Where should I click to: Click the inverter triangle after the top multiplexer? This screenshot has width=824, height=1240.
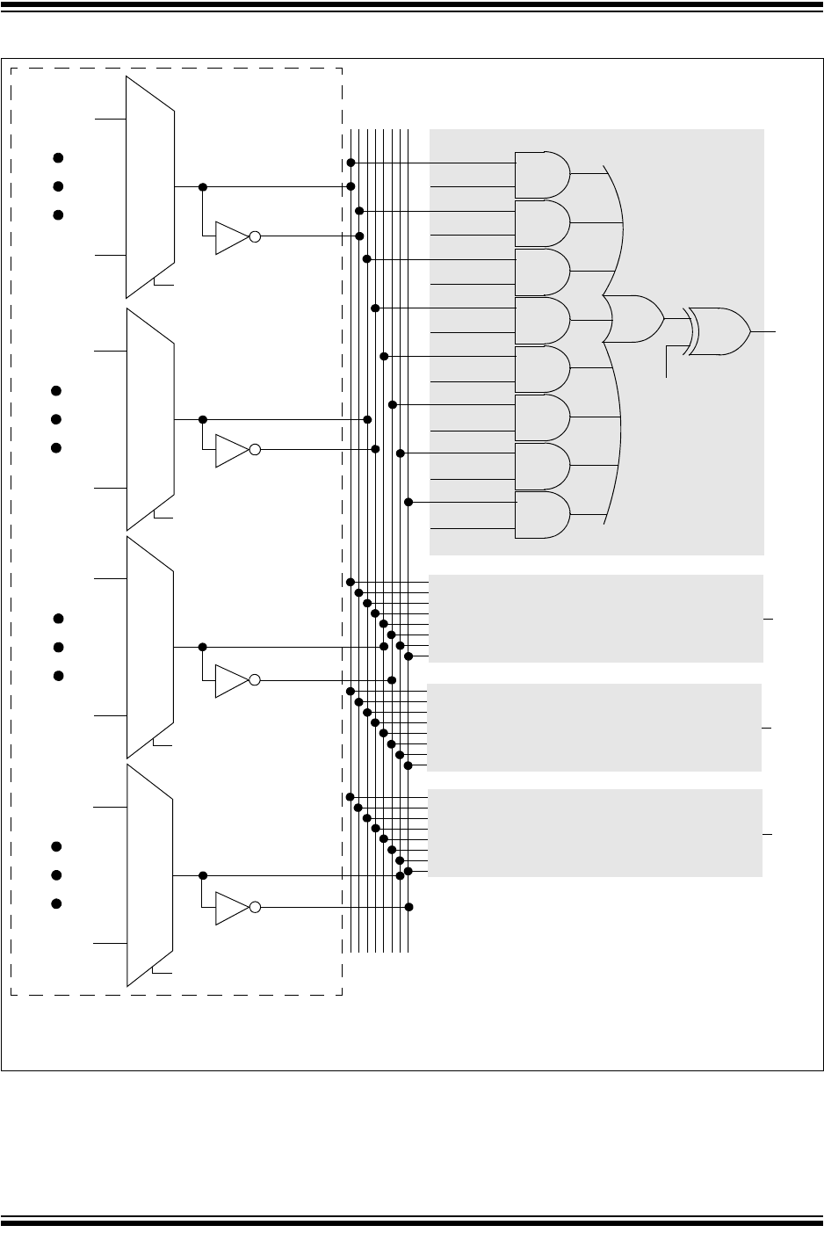[x=232, y=236]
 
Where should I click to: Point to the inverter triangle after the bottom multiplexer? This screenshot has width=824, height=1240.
[x=232, y=907]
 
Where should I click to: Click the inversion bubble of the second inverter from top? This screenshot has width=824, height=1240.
[x=255, y=450]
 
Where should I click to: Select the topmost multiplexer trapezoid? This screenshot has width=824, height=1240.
[x=150, y=187]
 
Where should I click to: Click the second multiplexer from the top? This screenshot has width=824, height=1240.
[x=150, y=419]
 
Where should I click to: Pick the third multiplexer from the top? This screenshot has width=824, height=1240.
[x=150, y=648]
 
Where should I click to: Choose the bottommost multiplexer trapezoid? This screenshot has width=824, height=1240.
[x=150, y=875]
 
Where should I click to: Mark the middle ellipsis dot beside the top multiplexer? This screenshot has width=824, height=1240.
[x=58, y=186]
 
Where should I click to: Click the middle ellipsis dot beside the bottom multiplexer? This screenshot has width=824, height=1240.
[x=56, y=875]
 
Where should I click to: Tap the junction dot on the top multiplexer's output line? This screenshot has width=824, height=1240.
[x=203, y=187]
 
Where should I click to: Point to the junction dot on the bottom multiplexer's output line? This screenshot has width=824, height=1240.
[x=203, y=875]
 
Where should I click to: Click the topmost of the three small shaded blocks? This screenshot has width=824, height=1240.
[x=596, y=618]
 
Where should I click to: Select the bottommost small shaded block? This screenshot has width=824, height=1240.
[x=596, y=833]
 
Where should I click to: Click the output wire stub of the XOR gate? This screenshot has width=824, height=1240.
[x=764, y=331]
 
